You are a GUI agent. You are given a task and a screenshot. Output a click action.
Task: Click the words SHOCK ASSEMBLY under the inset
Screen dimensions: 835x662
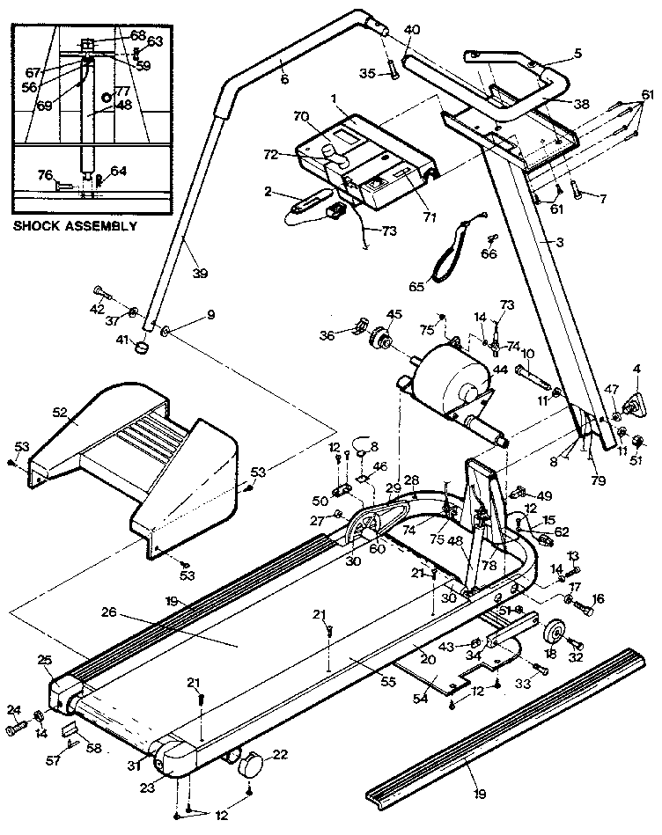[75, 226]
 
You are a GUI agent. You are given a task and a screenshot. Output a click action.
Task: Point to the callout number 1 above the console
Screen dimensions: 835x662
[335, 99]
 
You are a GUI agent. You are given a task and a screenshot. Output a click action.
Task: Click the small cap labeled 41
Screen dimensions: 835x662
[141, 350]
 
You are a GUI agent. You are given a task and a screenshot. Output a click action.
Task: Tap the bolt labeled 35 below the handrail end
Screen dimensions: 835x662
[394, 72]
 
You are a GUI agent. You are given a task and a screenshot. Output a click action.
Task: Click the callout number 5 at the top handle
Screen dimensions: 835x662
[577, 53]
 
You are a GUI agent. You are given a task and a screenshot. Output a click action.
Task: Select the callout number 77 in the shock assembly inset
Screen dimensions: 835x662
[122, 91]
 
